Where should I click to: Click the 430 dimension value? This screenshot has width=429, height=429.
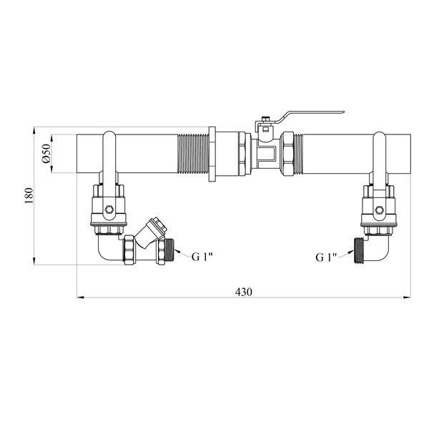click(244, 292)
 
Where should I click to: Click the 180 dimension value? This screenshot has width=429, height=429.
click(29, 196)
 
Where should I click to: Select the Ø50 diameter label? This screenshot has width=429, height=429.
click(46, 154)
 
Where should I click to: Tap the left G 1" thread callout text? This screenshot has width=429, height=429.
click(202, 257)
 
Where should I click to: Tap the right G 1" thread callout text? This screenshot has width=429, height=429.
click(326, 257)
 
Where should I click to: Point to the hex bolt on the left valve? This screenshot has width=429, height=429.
click(109, 209)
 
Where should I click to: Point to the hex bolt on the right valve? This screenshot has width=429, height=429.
click(380, 209)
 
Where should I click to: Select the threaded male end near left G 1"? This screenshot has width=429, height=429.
click(169, 252)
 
